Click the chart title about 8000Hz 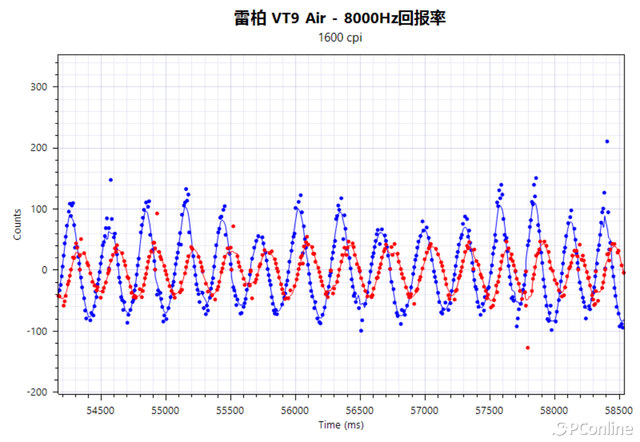[339, 18]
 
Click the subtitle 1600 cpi [340, 38]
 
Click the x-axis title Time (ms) [340, 425]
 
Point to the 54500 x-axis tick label [100, 408]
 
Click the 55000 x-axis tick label [166, 408]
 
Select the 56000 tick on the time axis [295, 408]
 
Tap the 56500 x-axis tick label [360, 408]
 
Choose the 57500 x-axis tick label [490, 408]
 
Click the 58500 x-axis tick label [619, 408]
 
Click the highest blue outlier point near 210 [607, 141]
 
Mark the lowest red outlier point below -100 [527, 348]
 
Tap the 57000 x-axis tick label [425, 408]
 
